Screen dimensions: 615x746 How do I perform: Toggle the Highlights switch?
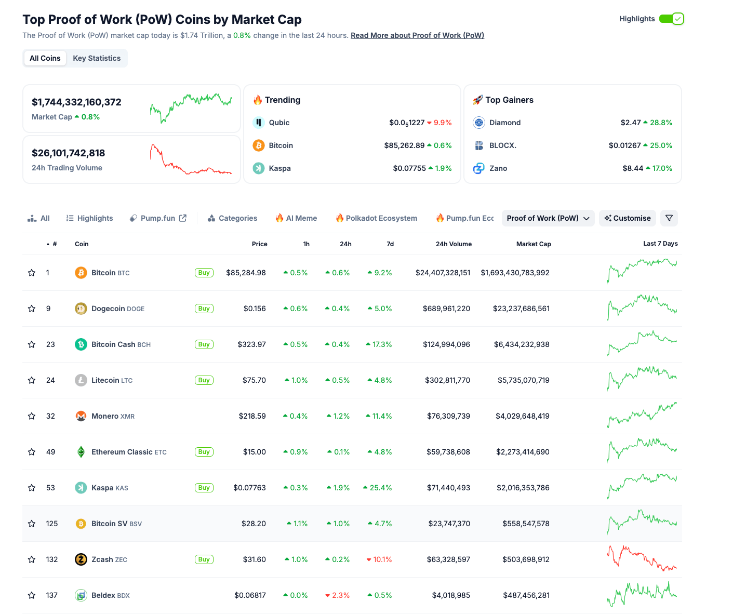pos(671,19)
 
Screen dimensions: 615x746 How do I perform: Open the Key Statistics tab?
pos(97,58)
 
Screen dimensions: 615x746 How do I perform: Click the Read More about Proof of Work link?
pos(417,35)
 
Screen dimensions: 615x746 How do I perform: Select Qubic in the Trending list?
pos(279,123)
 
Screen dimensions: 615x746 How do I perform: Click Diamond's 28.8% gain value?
pos(660,123)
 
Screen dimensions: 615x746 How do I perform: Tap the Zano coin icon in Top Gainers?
pos(478,168)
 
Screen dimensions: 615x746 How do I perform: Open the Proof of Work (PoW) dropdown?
pos(548,218)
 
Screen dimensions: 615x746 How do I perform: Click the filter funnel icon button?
pos(669,218)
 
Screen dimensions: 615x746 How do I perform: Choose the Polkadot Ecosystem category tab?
pos(376,218)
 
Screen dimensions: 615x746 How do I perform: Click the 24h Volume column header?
pos(453,244)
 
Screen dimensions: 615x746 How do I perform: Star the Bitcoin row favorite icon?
pos(32,273)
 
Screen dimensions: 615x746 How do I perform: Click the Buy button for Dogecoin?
pos(204,309)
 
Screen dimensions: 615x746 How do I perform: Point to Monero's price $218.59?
pos(252,416)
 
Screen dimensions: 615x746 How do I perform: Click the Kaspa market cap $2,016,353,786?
pos(523,488)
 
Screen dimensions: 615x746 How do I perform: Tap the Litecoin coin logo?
pos(81,380)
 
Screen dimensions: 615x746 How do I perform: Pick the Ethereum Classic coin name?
pos(122,452)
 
